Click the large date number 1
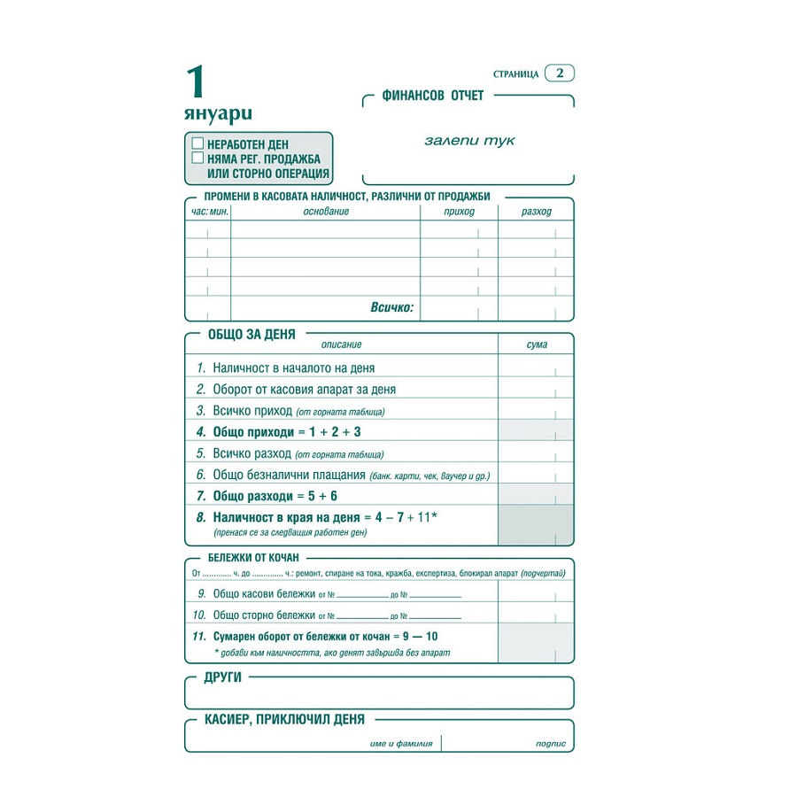click(x=196, y=82)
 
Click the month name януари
click(x=218, y=113)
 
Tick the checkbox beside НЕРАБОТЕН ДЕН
click(x=197, y=143)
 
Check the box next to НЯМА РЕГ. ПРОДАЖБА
click(x=197, y=158)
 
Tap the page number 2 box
click(x=560, y=74)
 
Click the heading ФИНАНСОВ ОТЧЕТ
click(x=432, y=96)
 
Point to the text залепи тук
click(x=469, y=141)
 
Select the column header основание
click(x=326, y=212)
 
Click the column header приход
click(x=459, y=212)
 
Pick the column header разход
click(x=536, y=212)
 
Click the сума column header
click(x=536, y=344)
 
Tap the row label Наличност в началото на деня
click(x=293, y=368)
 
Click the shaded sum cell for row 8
click(x=535, y=524)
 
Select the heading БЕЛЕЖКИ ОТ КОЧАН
click(x=253, y=558)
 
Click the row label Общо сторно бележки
click(x=264, y=615)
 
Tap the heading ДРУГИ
click(x=223, y=677)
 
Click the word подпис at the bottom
click(x=551, y=744)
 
